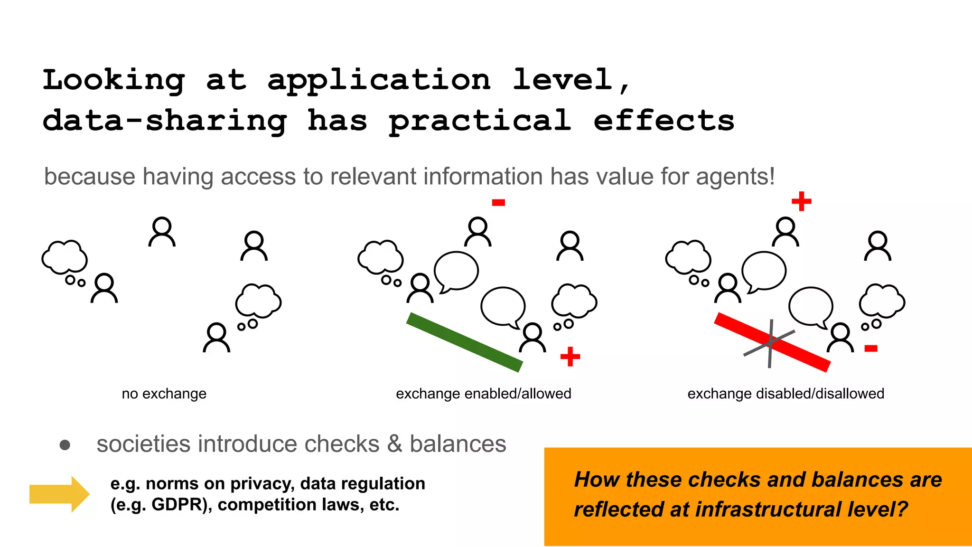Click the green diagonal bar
point(464,342)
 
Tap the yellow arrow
point(59,494)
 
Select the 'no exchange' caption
point(164,394)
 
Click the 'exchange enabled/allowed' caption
point(483,394)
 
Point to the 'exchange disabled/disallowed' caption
point(785,394)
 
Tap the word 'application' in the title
point(379,80)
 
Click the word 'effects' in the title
point(664,121)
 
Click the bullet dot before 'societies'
point(65,445)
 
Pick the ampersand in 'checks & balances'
point(394,444)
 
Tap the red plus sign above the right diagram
point(801,201)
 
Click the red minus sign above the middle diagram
point(498,203)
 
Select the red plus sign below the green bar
point(570,357)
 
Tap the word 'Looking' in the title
point(114,80)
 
